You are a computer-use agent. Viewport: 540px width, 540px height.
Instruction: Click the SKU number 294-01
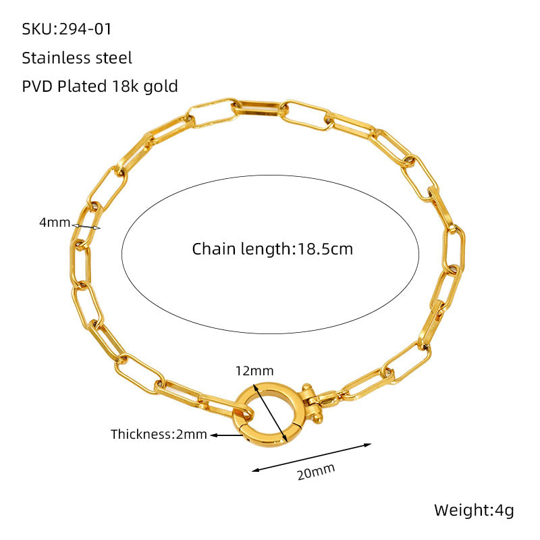point(86,29)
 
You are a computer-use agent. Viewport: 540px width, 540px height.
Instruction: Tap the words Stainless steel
point(77,58)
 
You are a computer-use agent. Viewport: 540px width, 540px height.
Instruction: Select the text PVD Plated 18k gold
point(100,86)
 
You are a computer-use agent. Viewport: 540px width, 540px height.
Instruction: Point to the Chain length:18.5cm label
point(273,249)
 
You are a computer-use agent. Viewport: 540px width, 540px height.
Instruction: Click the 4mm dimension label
point(55,223)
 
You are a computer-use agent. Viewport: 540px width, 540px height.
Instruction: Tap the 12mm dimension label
point(254,371)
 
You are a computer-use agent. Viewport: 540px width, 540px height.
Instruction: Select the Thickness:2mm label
point(159,434)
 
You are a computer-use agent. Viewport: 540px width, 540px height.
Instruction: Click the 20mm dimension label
point(316,471)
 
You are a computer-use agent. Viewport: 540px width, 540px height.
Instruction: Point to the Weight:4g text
point(474,510)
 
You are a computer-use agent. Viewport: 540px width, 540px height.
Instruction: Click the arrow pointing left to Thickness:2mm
point(227,435)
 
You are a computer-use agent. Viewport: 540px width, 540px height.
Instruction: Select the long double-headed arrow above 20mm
point(312,457)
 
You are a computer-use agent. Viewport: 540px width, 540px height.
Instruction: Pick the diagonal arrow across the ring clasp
point(271,414)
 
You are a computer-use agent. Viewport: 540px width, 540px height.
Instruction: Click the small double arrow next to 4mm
point(86,227)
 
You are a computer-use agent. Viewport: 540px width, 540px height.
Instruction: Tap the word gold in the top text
point(161,87)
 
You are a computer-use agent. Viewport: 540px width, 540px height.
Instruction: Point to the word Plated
point(82,86)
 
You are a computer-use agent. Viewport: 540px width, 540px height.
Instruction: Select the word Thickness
point(140,434)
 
